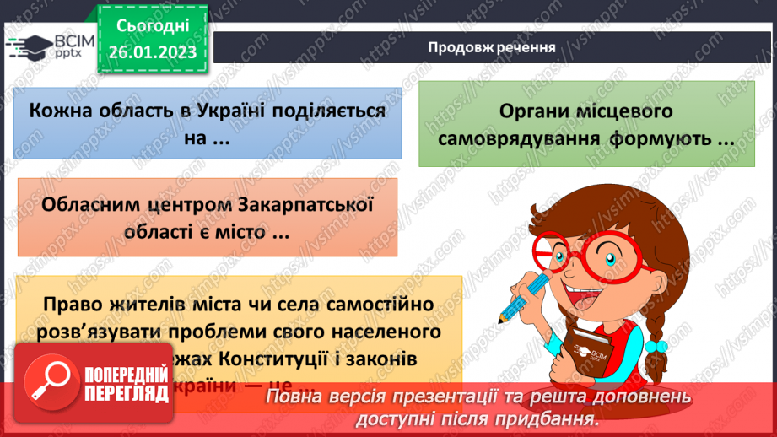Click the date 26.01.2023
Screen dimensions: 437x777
pyautogui.click(x=153, y=52)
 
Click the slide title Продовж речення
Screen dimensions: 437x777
pyautogui.click(x=491, y=46)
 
